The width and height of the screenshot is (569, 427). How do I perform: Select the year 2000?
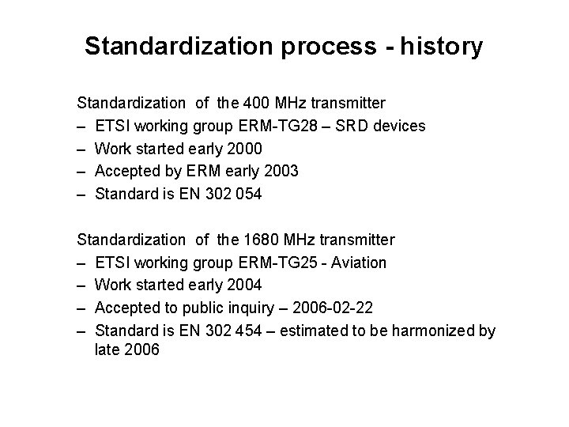click(x=245, y=149)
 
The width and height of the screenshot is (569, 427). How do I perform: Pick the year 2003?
click(x=281, y=171)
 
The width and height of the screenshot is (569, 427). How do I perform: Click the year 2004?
click(x=245, y=285)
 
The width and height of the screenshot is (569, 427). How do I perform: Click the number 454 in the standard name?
click(x=254, y=330)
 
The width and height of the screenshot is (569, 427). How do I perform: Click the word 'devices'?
click(x=401, y=126)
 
